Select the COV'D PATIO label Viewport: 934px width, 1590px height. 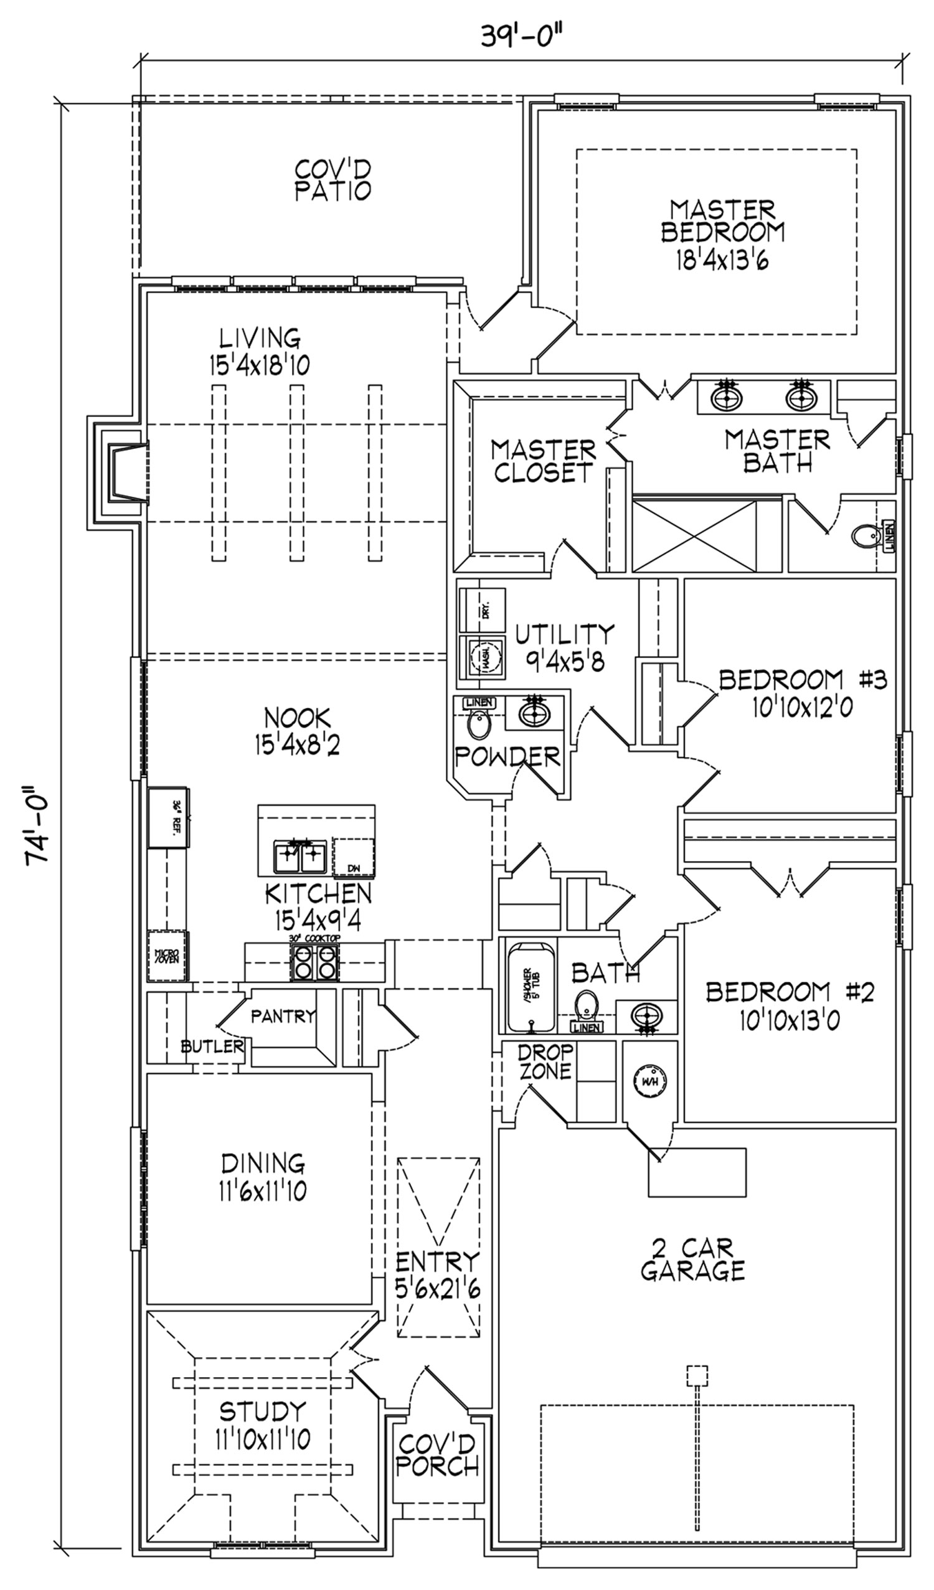point(333,180)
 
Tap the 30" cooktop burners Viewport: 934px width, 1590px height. point(314,963)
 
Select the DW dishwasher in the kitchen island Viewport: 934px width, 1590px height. point(354,857)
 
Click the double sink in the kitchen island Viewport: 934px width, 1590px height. point(299,857)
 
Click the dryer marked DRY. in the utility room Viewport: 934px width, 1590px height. point(482,609)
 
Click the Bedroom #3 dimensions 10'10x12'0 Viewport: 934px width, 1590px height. point(802,708)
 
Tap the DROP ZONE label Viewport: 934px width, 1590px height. point(545,1061)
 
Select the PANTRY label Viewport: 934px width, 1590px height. point(283,1016)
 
